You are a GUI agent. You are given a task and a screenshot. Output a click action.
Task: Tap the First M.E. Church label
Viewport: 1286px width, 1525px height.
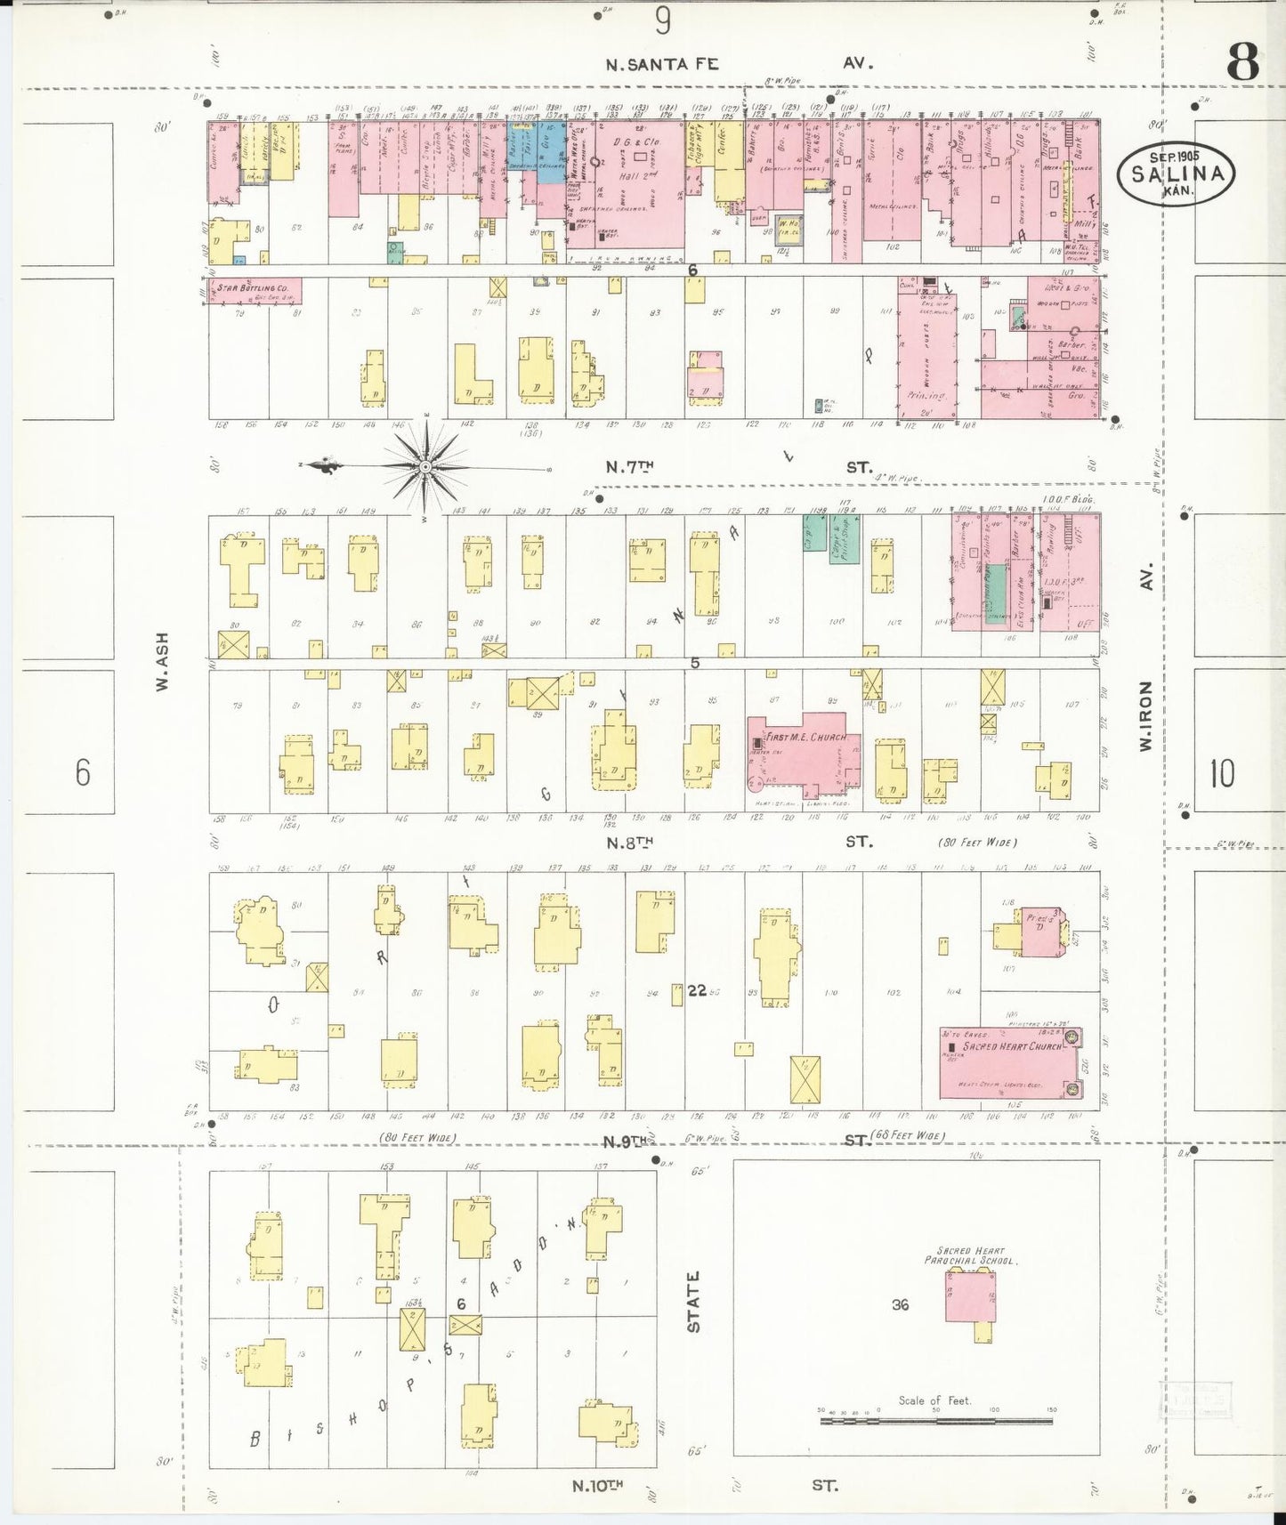806,737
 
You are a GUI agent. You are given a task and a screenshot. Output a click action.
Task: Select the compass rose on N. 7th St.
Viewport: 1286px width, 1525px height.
426,467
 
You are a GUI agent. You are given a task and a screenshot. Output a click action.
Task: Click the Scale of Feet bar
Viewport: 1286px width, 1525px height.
936,1420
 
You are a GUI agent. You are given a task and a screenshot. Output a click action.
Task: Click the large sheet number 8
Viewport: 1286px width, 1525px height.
1242,62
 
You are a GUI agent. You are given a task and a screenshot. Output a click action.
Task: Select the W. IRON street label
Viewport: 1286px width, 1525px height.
1146,716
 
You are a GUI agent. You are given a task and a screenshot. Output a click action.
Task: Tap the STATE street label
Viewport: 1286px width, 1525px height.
693,1301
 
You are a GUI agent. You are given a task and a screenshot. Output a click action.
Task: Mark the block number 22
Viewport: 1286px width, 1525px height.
697,989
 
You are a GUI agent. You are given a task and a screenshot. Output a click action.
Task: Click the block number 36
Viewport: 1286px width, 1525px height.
900,1304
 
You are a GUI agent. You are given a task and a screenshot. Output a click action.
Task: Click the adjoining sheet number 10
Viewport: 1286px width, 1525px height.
1222,773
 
